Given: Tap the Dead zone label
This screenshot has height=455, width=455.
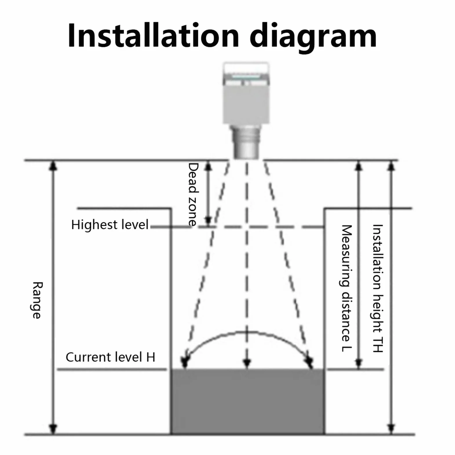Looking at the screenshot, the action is tap(193, 194).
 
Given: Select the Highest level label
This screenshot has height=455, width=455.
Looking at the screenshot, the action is tap(110, 224).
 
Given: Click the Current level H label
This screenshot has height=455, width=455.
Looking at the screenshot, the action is tap(110, 357).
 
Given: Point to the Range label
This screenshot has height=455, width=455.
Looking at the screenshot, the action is tap(37, 300).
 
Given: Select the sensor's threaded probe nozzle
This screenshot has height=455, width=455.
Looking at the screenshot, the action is tap(246, 142).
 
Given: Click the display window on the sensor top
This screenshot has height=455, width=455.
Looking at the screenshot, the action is tap(246, 76).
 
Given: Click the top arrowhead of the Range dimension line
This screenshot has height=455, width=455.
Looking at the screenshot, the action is tap(53, 166).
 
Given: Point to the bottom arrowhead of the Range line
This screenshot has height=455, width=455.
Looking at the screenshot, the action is tap(53, 429).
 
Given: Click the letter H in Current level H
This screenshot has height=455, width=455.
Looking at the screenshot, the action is tap(151, 357).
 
